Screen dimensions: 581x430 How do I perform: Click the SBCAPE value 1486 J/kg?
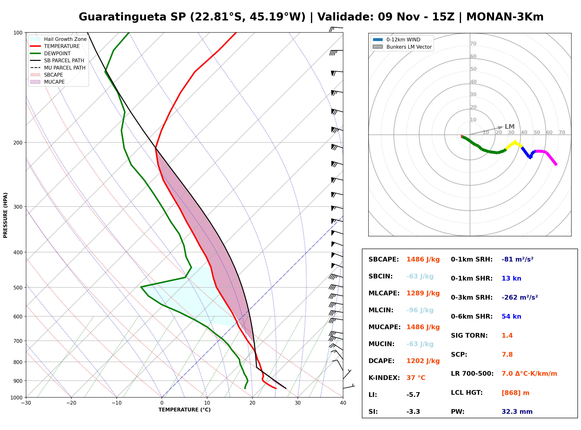423,259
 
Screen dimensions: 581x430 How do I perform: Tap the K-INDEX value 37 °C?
416,378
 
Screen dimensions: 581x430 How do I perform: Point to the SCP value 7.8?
507,355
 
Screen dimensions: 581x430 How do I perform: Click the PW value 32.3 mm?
517,412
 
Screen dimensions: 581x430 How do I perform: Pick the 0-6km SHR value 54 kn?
511,317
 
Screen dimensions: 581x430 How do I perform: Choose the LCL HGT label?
467,392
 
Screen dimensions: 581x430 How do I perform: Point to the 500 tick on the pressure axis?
18,288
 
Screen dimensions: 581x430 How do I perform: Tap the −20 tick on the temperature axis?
71,403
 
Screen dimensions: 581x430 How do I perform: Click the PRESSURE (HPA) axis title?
5,215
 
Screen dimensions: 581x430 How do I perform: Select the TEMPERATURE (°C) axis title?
184,410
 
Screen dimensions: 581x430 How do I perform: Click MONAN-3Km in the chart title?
505,17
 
